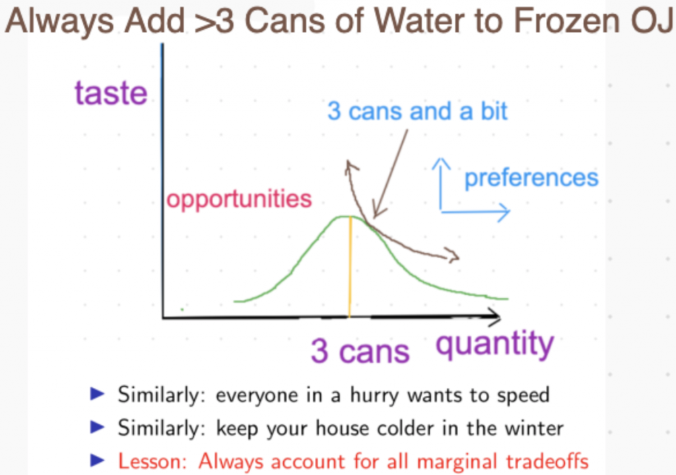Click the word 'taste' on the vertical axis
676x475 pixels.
[111, 92]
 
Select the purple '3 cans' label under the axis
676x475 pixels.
[360, 351]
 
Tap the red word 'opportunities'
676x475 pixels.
[239, 199]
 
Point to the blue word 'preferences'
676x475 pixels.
[531, 178]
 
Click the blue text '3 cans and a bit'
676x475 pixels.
[417, 111]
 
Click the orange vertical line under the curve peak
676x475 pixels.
[350, 267]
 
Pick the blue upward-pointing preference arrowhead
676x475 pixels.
[440, 164]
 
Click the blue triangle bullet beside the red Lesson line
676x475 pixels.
[97, 460]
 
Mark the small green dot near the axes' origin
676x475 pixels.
[182, 309]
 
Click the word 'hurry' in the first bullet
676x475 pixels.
[374, 396]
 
